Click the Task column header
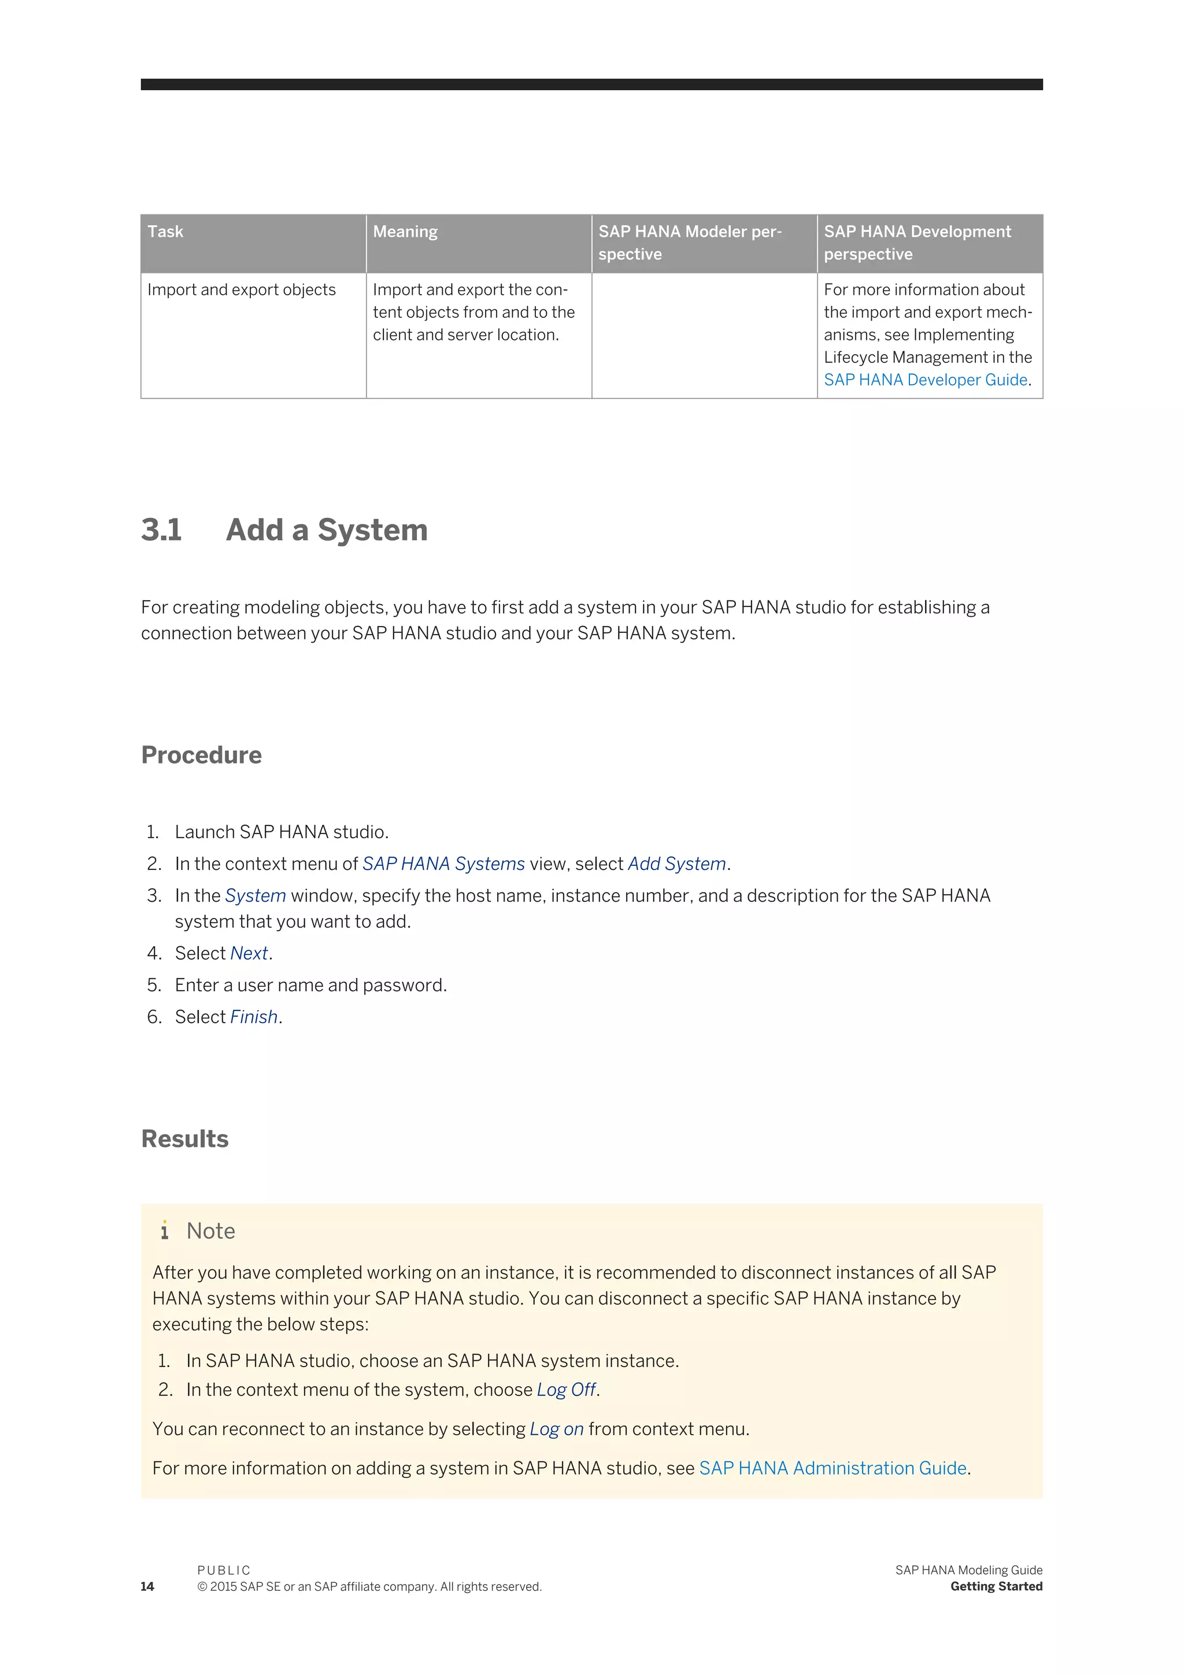pos(165,232)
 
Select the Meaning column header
pos(405,232)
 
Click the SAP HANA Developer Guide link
pos(925,380)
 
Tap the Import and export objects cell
pos(241,290)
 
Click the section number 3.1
pos(161,530)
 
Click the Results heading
pos(184,1139)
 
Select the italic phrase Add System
pos(676,864)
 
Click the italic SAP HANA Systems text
pos(443,864)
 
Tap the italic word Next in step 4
pos(249,954)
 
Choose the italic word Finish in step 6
pos(254,1017)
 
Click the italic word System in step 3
pos(255,896)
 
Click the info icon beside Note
pos(165,1231)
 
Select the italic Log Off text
pos(567,1390)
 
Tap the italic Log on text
pos(556,1429)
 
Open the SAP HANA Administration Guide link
pos(832,1468)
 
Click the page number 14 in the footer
pos(147,1587)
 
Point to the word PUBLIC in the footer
pos(224,1571)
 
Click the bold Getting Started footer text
pos(996,1587)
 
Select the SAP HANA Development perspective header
pos(917,243)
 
